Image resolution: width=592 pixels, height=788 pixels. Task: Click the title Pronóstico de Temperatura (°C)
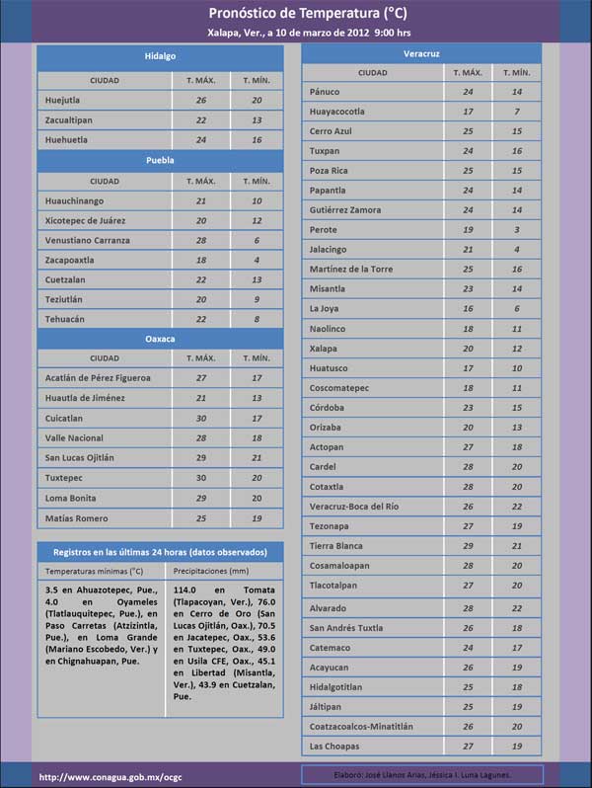(x=296, y=13)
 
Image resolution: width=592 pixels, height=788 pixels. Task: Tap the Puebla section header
(x=160, y=160)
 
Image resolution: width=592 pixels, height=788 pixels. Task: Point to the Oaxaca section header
(x=160, y=339)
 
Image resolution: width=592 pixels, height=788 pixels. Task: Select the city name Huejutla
(x=67, y=101)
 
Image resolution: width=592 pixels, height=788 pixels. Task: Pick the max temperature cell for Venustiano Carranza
(x=201, y=240)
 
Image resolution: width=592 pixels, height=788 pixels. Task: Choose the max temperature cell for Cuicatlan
(x=201, y=419)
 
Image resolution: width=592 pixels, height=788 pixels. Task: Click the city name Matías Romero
(x=77, y=518)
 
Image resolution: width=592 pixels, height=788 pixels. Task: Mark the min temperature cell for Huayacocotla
(x=517, y=112)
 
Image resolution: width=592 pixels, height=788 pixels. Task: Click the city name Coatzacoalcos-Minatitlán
(x=361, y=726)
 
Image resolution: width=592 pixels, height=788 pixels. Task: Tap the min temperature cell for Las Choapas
(x=517, y=746)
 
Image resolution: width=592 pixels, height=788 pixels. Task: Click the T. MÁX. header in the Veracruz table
(x=468, y=72)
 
